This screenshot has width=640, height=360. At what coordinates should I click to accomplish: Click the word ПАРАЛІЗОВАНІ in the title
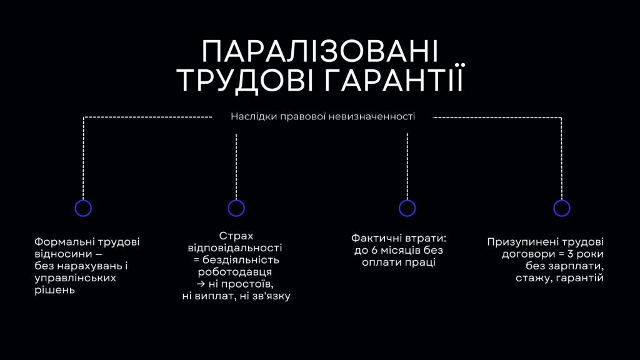point(320,51)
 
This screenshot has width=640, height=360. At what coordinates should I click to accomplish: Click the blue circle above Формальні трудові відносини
point(83,200)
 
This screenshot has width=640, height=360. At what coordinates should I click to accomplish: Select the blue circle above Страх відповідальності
point(236,200)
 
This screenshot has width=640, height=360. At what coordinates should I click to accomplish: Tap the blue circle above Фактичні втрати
point(407,200)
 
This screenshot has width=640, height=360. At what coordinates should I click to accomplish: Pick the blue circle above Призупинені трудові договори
point(562,200)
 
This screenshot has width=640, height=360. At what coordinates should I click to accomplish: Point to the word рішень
point(55,291)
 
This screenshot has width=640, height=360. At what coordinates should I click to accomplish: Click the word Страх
point(236,236)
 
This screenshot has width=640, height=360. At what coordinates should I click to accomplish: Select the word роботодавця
point(235,272)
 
